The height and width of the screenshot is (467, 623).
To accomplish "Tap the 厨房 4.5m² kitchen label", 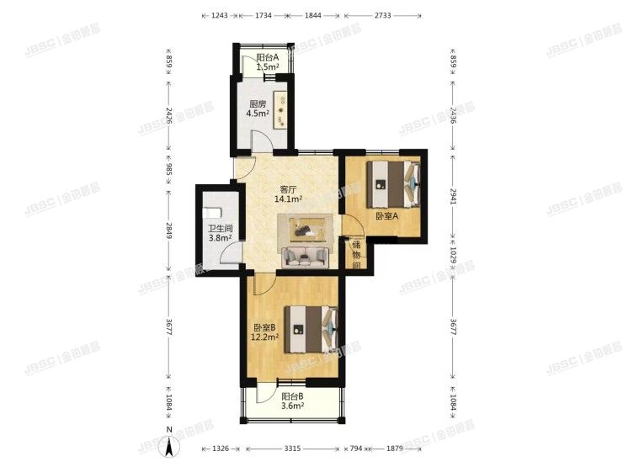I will (x=257, y=109).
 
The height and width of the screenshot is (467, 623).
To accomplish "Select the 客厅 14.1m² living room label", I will (x=289, y=194).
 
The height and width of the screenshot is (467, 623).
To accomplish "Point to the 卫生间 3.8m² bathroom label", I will (x=221, y=232).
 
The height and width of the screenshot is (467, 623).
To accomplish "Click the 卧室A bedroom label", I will (x=386, y=216).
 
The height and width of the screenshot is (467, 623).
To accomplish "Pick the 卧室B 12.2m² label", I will (x=266, y=332).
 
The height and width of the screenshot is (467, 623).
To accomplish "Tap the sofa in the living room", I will (x=306, y=255).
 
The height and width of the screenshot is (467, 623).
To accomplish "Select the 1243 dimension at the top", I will (x=220, y=16).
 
